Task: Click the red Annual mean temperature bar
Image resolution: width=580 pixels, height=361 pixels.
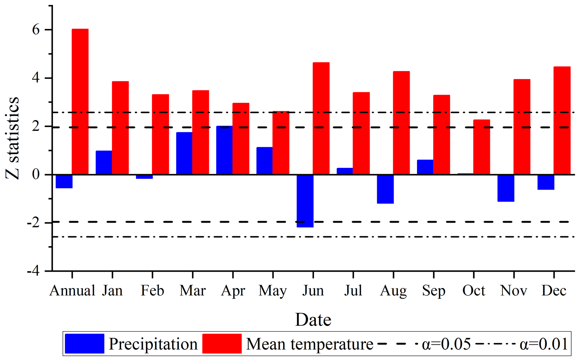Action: coord(80,101)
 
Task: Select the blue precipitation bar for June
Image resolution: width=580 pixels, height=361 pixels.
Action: coord(305,201)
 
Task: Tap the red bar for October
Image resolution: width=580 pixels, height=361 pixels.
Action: coord(482,147)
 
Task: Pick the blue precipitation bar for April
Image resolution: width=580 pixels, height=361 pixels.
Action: coord(224,150)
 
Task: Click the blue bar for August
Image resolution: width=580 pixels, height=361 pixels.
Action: coord(385,189)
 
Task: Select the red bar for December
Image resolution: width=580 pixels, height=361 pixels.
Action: coord(562,121)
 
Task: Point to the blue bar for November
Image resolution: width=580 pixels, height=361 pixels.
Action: coord(506,188)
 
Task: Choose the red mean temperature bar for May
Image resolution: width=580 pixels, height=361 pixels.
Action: coord(281,143)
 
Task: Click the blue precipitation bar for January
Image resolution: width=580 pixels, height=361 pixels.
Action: coord(104,163)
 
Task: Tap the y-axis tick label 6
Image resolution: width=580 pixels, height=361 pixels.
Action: coord(36,30)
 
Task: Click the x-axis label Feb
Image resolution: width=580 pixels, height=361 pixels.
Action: coord(152,291)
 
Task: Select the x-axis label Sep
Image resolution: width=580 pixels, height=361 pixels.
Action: coord(434,291)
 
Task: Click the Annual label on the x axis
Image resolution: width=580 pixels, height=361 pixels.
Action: coord(72,291)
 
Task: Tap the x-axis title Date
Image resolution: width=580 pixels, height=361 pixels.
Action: coord(313,320)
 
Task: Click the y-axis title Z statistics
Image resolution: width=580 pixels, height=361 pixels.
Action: coord(12,138)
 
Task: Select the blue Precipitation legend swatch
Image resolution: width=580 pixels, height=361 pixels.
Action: coord(84,344)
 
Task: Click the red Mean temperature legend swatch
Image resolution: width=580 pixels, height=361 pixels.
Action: coord(222,344)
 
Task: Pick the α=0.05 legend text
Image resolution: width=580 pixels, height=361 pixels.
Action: coord(446,344)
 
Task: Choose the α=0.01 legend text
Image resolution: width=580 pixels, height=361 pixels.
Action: coord(544,344)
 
